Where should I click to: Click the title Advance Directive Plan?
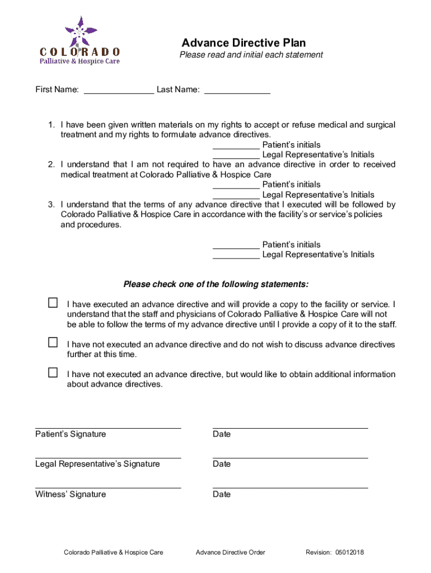[243, 43]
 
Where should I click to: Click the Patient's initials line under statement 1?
[236, 148]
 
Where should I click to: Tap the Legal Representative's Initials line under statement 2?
[236, 198]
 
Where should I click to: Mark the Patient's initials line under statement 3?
[236, 248]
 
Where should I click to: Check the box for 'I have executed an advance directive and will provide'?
[53, 303]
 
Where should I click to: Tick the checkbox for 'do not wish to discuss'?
[53, 342]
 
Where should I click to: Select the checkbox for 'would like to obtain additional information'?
[53, 373]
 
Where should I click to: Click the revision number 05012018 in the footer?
[350, 553]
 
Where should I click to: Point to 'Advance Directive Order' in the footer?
[231, 553]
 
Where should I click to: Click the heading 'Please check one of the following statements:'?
[215, 284]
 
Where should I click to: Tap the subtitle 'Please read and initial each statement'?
[251, 55]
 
